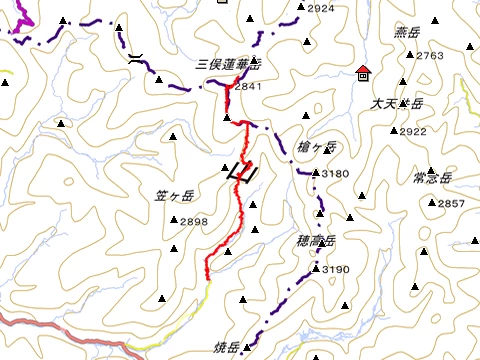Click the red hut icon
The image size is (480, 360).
pos(362,72)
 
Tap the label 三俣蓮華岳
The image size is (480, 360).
pos(228,65)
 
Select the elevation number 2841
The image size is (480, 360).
pos(247,87)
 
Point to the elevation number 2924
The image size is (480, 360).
pos(321,9)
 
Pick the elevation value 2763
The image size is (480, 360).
pos(429,56)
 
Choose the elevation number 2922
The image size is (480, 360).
pos(412,132)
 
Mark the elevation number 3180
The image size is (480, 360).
pos(336,174)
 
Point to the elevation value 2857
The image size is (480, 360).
pos(451,204)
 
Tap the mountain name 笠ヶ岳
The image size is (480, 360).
pos(174,195)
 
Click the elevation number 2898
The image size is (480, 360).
pos(194,222)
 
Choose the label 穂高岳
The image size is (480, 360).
pos(316,241)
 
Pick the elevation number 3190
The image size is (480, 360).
pos(336,270)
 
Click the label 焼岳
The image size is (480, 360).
pos(226,348)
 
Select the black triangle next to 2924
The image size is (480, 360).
pos(300,8)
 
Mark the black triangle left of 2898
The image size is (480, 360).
pos(173,222)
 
